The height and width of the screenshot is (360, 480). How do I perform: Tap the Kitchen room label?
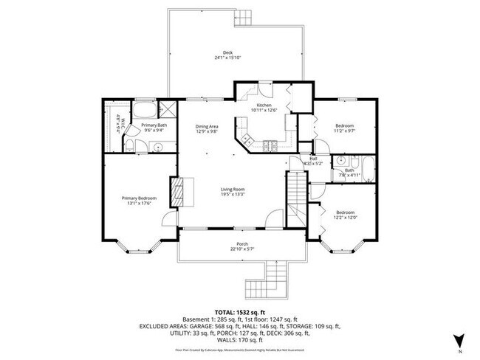pos(264,106)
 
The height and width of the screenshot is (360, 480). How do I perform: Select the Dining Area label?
pos(207,126)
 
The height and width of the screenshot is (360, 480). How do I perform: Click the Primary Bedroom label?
pos(139,197)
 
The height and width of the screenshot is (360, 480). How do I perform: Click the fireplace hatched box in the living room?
pos(177,191)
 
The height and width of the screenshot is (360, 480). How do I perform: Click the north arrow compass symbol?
pos(459,339)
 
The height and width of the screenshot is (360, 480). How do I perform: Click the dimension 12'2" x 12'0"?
pos(346,217)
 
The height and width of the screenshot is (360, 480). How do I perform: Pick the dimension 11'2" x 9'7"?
pos(346,131)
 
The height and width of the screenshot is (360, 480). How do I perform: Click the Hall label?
pos(313,158)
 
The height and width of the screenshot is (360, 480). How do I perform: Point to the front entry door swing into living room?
pos(275,218)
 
